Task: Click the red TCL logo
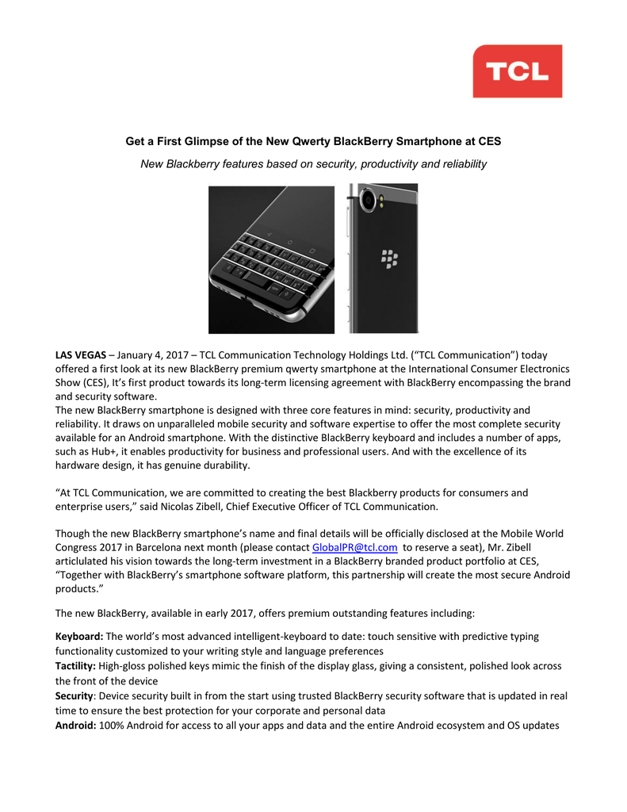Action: tap(517, 71)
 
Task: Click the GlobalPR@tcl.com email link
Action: tap(354, 547)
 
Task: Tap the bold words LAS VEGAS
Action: tap(80, 354)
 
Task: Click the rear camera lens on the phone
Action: tap(368, 201)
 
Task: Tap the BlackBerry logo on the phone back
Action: tap(389, 258)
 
